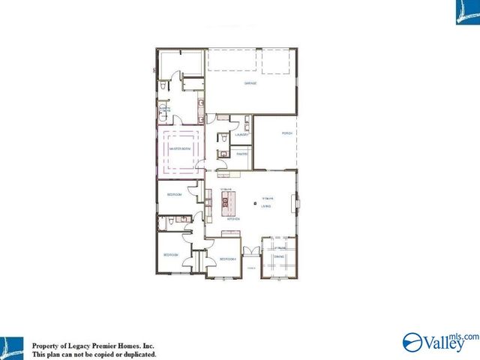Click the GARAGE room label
pos(250,83)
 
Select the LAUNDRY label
pos(241,134)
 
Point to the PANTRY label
pos(242,153)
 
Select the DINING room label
pos(279,257)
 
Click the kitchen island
pos(229,200)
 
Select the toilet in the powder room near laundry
pos(222,137)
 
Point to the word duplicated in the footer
pos(139,354)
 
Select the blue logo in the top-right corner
pos(466,12)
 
